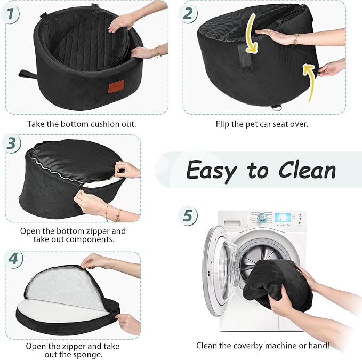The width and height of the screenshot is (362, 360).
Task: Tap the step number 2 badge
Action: tap(188, 14)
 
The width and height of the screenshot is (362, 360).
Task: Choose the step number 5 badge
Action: tap(188, 215)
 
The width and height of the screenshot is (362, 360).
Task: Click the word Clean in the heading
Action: tap(305, 171)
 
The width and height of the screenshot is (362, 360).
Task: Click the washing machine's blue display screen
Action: tap(285, 218)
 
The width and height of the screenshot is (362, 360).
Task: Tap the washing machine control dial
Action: tap(262, 219)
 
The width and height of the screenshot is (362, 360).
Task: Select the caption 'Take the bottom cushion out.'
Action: tap(82, 124)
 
